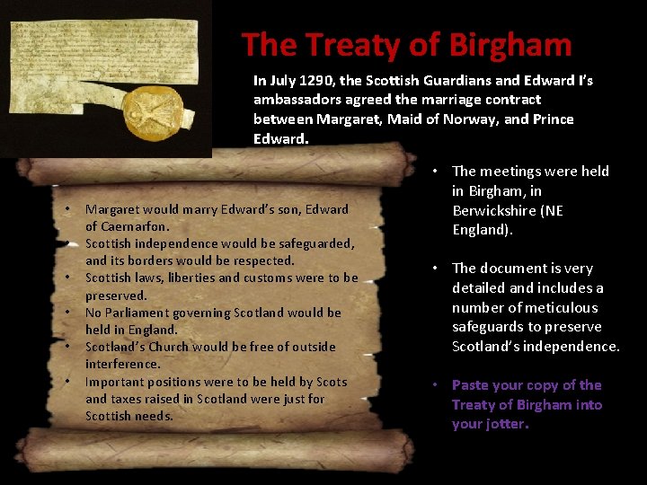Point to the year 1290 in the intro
point(323,81)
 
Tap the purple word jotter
point(505,424)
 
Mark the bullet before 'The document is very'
point(433,268)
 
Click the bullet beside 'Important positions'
point(68,382)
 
